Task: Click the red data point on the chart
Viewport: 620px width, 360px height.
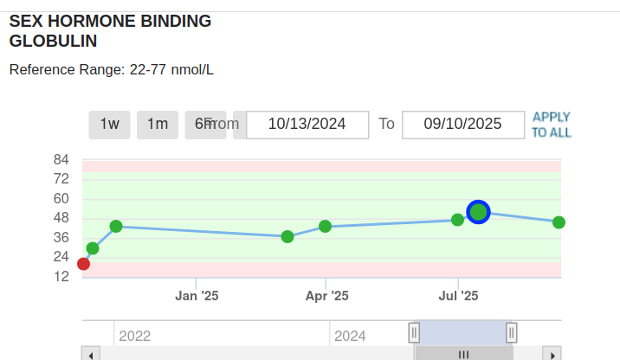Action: point(83,264)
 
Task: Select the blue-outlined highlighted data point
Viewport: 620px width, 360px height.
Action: point(479,212)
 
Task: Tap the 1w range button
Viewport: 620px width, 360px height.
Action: point(109,124)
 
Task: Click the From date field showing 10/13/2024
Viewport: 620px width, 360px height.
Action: point(307,124)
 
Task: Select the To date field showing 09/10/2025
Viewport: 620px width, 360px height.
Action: point(463,124)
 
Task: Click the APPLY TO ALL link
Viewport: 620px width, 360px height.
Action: point(552,125)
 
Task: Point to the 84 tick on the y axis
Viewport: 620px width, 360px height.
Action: point(61,159)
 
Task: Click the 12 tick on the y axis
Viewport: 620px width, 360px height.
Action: point(61,276)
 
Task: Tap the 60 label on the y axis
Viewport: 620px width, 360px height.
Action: point(61,198)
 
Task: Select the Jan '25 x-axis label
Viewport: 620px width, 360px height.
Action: point(197,296)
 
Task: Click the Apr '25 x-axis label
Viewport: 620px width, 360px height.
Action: point(326,296)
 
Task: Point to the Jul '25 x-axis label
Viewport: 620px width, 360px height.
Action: point(458,296)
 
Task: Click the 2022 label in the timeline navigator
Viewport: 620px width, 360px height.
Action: point(134,336)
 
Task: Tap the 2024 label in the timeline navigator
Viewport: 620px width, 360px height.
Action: point(350,336)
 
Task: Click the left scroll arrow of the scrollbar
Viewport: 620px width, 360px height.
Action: point(91,354)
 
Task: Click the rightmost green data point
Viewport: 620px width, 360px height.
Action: point(559,222)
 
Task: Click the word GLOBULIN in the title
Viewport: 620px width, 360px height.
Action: point(53,41)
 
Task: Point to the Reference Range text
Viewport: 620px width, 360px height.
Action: point(112,69)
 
